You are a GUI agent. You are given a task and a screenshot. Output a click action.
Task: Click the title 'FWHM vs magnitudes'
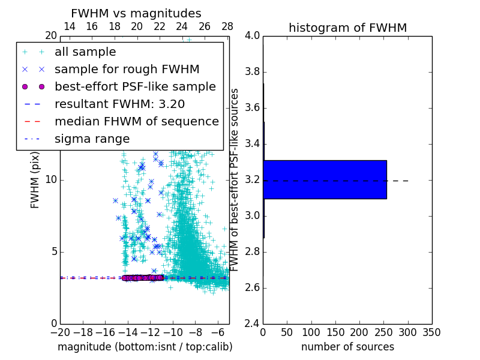click(x=136, y=13)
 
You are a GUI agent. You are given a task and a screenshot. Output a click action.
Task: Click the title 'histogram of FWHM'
click(x=347, y=28)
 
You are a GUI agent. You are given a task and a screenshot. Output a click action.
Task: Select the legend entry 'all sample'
click(x=85, y=52)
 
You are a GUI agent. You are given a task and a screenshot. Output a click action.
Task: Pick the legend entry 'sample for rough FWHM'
click(x=127, y=69)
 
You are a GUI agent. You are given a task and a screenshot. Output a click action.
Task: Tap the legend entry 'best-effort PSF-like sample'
click(x=135, y=86)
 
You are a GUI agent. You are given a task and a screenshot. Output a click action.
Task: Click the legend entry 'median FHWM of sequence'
click(x=136, y=121)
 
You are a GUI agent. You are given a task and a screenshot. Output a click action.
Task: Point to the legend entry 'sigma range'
click(x=92, y=139)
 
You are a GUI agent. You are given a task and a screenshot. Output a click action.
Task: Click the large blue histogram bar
click(x=325, y=179)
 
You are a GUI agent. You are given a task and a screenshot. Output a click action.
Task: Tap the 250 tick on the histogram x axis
click(x=385, y=332)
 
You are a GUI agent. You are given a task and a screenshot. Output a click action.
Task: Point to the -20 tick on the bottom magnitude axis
click(x=60, y=332)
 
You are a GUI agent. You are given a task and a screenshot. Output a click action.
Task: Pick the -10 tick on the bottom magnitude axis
click(x=173, y=332)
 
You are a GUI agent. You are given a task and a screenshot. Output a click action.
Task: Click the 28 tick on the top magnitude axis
click(x=227, y=26)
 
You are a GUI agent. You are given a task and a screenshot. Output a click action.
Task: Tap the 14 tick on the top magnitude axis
click(x=69, y=26)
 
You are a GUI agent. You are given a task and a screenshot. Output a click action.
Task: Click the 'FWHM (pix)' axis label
click(x=35, y=179)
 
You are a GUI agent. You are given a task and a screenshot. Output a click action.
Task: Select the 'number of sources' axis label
click(x=347, y=347)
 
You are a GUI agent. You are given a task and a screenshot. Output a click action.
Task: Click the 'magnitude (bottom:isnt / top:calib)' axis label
click(x=145, y=347)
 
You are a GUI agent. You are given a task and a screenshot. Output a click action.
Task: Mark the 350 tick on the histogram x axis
click(x=431, y=332)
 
